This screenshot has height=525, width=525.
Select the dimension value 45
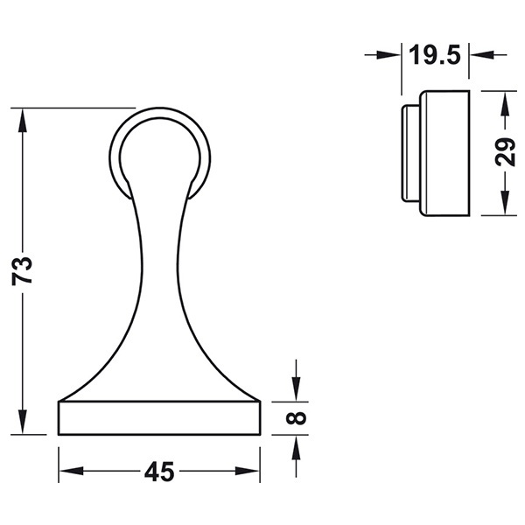[158, 472]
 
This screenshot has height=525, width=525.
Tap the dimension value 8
[297, 417]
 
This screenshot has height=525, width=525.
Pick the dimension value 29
[503, 153]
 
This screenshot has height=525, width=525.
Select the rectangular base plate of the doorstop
[159, 417]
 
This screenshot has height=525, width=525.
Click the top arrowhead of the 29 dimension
[503, 100]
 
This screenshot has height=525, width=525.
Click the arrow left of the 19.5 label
[390, 55]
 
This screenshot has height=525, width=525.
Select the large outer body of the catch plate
[445, 153]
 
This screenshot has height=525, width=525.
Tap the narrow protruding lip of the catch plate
[409, 153]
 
